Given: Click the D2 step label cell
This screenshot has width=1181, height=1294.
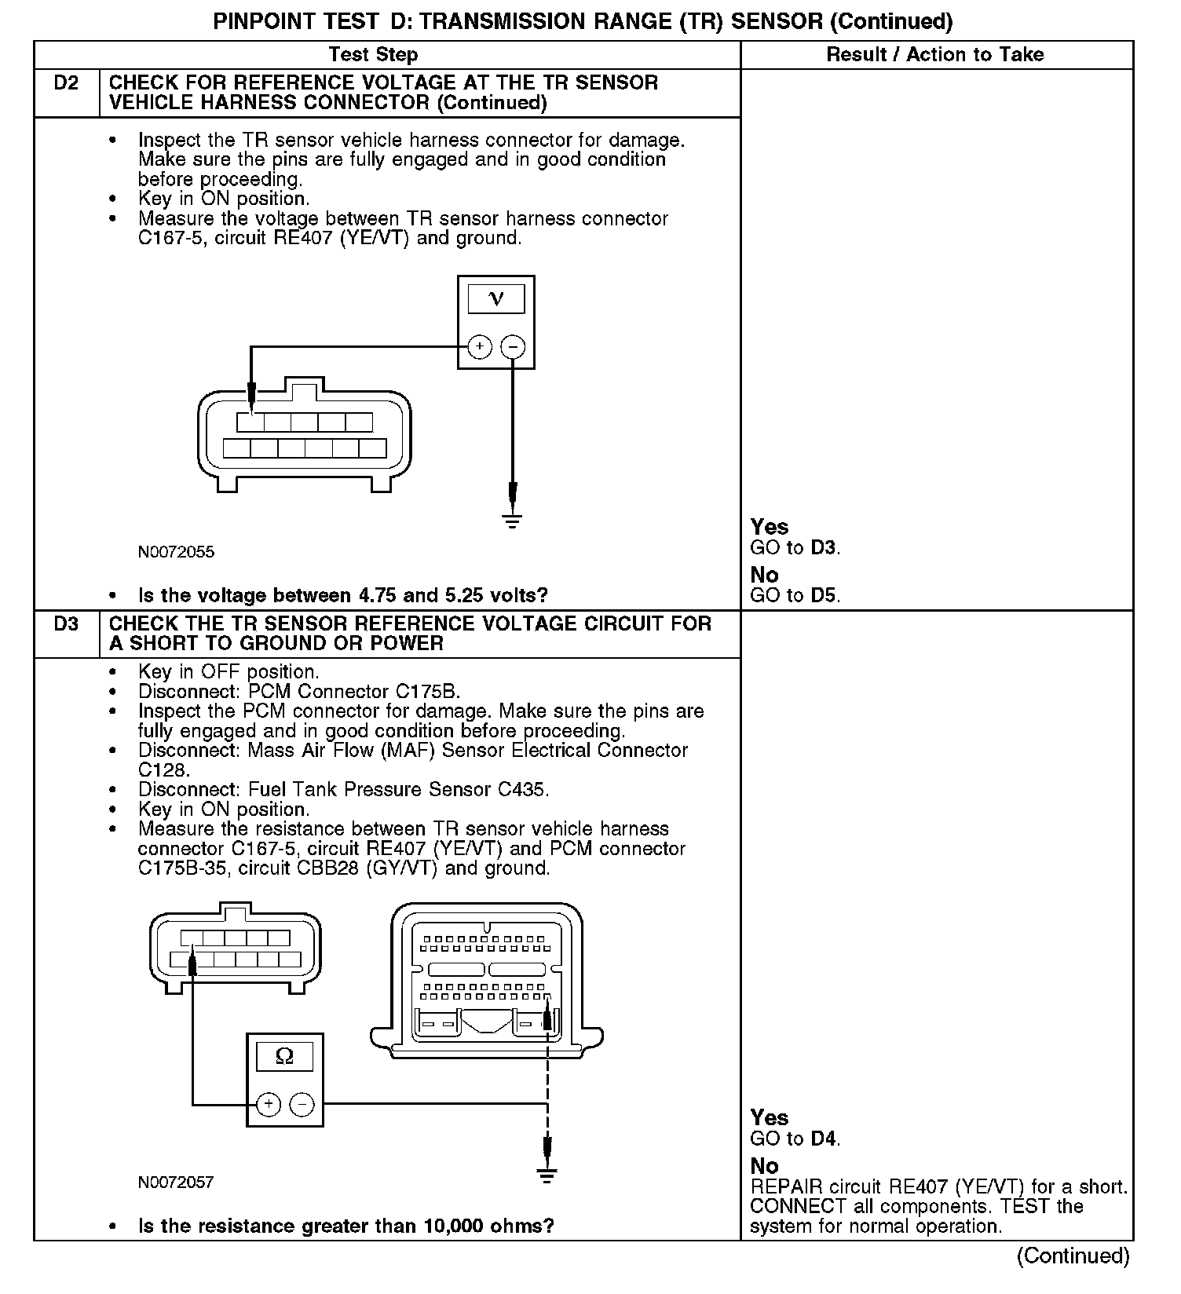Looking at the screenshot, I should (x=67, y=83).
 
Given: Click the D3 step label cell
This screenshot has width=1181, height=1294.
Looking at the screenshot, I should (x=67, y=625).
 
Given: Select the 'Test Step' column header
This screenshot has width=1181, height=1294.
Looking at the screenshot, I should (x=373, y=55).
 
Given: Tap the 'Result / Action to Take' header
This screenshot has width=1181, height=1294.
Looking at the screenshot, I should (x=935, y=55).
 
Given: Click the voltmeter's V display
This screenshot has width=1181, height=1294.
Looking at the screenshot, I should (x=495, y=299).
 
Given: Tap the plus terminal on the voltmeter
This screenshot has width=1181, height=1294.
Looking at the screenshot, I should (x=479, y=346).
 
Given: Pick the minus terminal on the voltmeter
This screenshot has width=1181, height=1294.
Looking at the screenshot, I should (x=513, y=346).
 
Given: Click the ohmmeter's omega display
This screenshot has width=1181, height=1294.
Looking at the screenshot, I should (x=284, y=1057).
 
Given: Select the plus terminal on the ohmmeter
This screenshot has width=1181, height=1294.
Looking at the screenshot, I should (x=269, y=1105).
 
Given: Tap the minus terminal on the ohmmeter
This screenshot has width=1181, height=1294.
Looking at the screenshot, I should (x=302, y=1105).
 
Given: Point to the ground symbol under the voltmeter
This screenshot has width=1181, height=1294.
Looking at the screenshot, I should (x=513, y=521).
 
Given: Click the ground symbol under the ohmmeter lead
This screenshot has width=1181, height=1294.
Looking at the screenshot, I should (x=547, y=1175).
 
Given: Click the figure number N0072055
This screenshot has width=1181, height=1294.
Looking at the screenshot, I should (x=176, y=552).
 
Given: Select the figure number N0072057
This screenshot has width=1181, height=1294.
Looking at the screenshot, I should (x=176, y=1183).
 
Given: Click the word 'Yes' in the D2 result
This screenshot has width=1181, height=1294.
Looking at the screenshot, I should (x=769, y=527).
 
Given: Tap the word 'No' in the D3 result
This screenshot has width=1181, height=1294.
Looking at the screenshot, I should (x=764, y=1166).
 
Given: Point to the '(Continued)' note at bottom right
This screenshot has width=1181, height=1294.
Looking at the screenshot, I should (x=1073, y=1256).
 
